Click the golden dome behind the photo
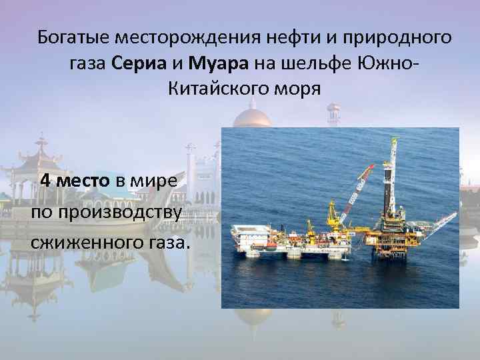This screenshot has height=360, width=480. coord(252,118)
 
